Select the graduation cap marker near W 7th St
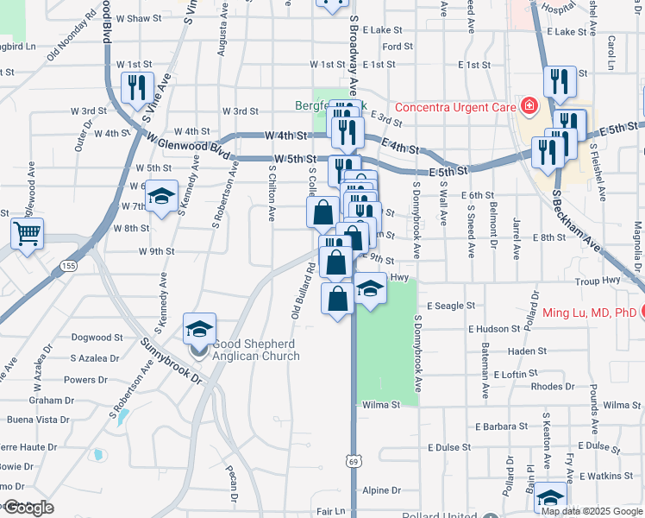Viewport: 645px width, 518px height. (160, 197)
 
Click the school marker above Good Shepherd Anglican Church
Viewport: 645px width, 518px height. (199, 329)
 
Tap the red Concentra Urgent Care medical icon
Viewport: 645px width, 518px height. (529, 107)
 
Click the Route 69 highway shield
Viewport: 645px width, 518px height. (353, 464)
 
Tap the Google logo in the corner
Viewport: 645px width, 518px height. (28, 508)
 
